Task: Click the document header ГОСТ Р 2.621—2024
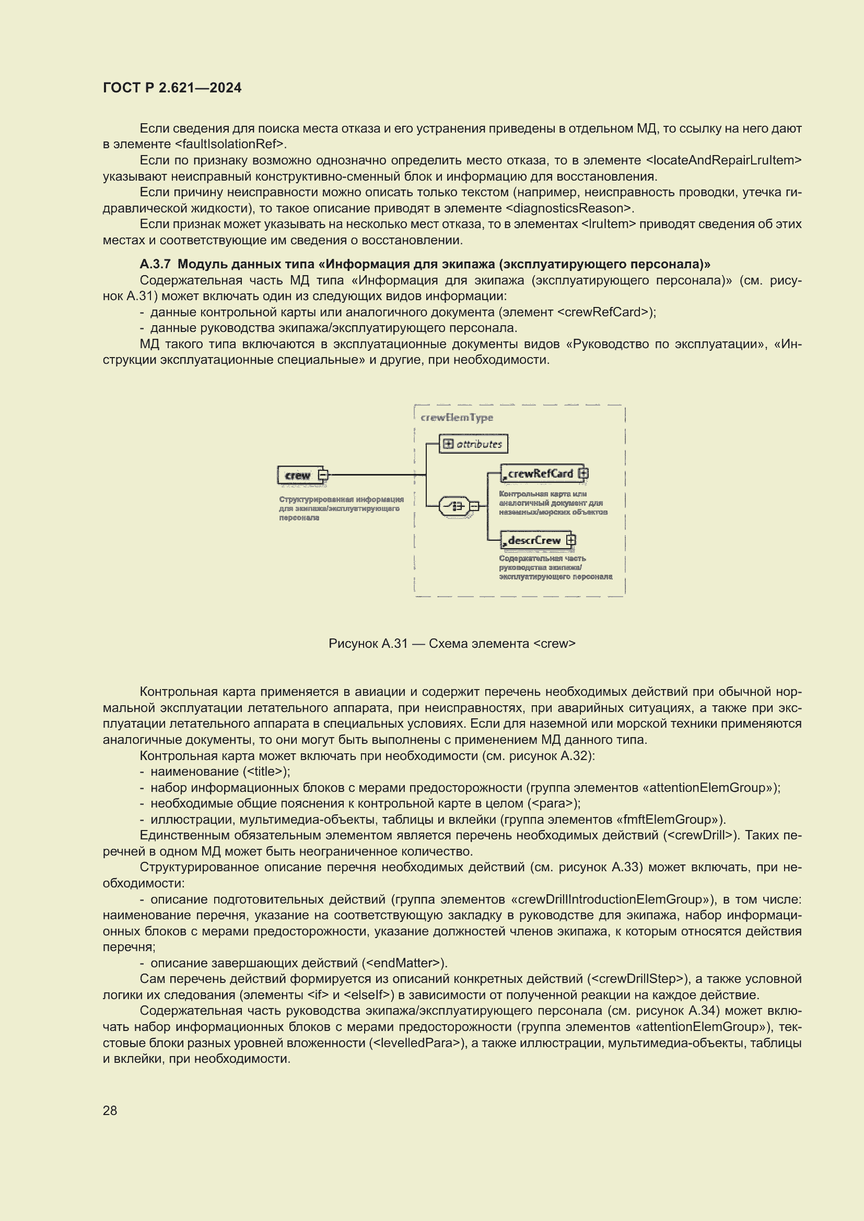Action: (172, 88)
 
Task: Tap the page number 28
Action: (110, 1110)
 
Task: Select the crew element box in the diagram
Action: (297, 475)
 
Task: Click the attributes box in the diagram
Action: (473, 444)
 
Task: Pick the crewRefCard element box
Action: (540, 473)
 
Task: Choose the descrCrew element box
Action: (534, 540)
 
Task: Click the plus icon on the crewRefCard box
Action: (583, 473)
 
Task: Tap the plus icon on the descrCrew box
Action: (571, 540)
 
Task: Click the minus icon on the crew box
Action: (323, 475)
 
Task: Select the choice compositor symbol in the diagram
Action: (454, 506)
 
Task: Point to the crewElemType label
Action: (457, 418)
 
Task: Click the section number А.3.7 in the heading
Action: (155, 264)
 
